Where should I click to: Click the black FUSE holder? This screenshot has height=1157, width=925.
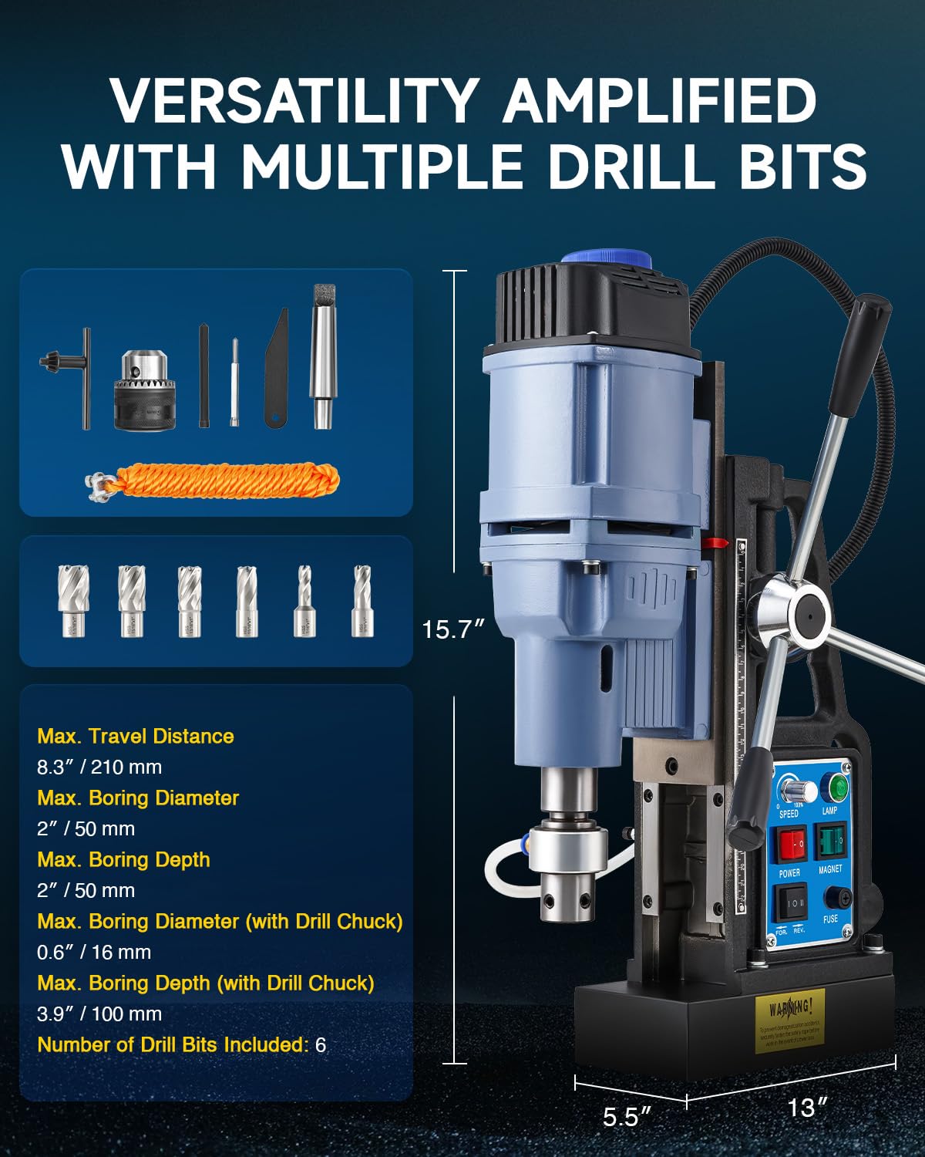point(839,897)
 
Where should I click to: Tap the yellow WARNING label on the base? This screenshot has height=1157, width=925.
point(789,1020)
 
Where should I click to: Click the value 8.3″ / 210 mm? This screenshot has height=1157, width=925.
point(99,767)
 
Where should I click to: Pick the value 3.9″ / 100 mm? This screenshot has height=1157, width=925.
point(99,1014)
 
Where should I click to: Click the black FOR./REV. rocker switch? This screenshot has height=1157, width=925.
point(791,901)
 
